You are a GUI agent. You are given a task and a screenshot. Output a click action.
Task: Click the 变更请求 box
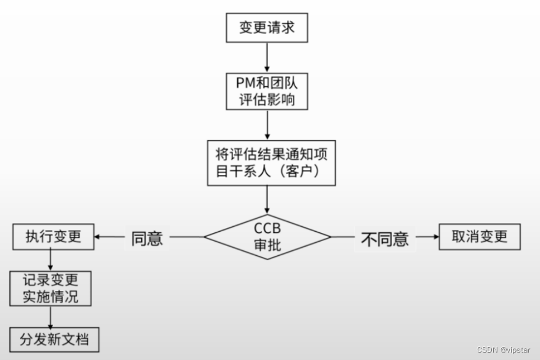[267, 28]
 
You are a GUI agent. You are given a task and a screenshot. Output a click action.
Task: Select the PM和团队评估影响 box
[267, 91]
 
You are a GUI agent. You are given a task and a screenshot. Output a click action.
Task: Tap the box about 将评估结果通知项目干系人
[271, 162]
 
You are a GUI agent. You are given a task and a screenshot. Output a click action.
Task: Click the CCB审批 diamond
[268, 237]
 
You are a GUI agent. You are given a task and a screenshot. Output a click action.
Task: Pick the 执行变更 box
[54, 237]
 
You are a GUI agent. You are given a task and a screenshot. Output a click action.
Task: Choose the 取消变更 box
[480, 237]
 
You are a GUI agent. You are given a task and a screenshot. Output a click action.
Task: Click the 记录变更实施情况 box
[51, 288]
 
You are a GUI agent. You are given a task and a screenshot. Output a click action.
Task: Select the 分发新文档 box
[54, 339]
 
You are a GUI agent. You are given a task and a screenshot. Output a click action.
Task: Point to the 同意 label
[147, 238]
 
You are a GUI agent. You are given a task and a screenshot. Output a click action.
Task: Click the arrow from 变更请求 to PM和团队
[267, 57]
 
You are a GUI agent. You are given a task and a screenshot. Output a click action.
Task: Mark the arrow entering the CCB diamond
[267, 200]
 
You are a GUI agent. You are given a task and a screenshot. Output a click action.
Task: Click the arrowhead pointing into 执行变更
[99, 237]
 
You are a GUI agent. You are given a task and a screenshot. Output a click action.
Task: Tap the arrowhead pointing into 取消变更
[435, 237]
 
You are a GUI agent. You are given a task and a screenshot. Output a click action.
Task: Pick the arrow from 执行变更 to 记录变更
[51, 260]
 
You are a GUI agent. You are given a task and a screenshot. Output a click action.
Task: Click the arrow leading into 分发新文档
[51, 317]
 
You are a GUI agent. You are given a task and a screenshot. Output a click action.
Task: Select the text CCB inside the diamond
[268, 229]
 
